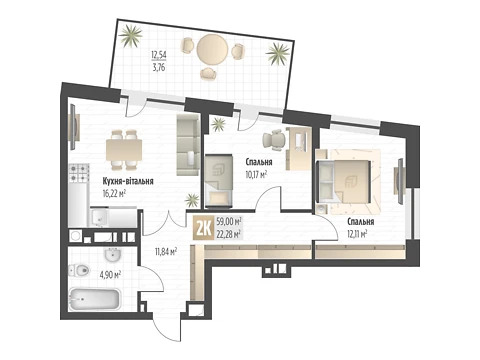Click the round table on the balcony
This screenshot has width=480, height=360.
tap(212, 51)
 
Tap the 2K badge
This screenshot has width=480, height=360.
tap(204, 228)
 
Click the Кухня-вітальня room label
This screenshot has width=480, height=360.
tap(128, 181)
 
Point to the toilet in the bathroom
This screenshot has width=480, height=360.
tap(79, 270)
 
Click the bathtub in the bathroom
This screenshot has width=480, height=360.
tap(94, 299)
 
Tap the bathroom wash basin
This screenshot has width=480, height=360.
tap(113, 255)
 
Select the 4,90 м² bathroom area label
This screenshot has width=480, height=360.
tap(110, 275)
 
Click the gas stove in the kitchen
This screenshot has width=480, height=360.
tap(79, 173)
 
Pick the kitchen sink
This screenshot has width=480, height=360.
tap(99, 218)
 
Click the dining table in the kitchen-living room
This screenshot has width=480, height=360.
tap(124, 150)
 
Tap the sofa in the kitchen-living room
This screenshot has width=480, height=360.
tap(188, 145)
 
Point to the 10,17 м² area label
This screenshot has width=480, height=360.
tap(256, 174)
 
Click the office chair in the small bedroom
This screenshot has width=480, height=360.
tap(275, 138)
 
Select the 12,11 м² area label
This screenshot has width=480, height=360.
tap(357, 234)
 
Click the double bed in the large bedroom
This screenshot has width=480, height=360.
tap(343, 182)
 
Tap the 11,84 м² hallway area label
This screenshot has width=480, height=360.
tap(166, 251)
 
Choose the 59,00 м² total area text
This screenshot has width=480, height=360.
tap(229, 221)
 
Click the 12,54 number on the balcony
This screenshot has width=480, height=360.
tap(159, 54)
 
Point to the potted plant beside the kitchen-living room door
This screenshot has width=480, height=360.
tap(192, 200)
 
